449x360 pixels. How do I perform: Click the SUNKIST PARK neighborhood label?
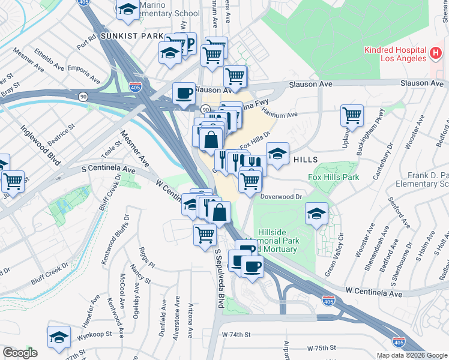tap(131, 36)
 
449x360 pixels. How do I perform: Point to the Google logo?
tap(20, 353)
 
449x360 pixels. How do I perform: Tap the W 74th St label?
tap(235, 334)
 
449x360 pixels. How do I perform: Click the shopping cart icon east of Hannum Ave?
tap(352, 114)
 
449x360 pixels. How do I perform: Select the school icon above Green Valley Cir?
tap(316, 214)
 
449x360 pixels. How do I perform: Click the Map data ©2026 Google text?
tap(411, 355)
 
